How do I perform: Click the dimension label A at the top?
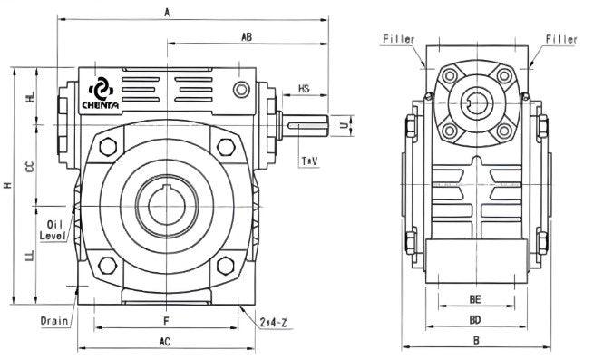(x=165, y=12)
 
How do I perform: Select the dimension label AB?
(x=246, y=37)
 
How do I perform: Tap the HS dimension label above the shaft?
(x=304, y=89)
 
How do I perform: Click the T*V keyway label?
(x=308, y=161)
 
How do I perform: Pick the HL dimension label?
(x=31, y=98)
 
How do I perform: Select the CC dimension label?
(x=31, y=168)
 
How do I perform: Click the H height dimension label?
(x=7, y=186)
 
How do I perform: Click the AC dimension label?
(x=165, y=342)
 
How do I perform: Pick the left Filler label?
(x=398, y=39)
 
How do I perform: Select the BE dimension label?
(x=474, y=297)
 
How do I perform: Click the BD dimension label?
(x=474, y=320)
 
